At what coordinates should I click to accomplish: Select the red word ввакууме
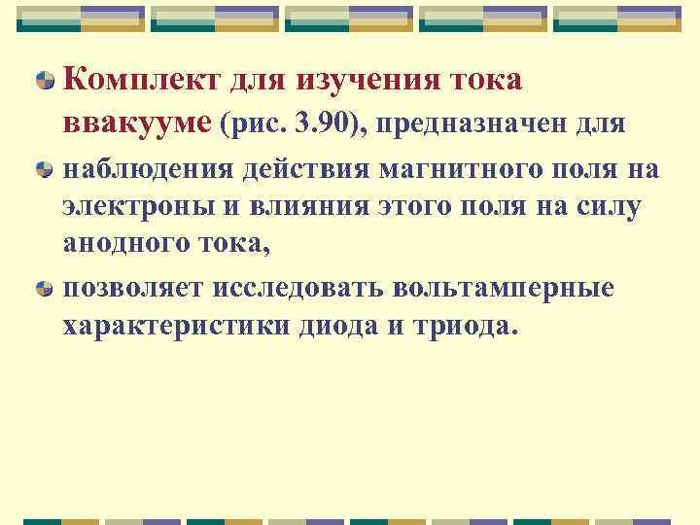[x=138, y=124]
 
